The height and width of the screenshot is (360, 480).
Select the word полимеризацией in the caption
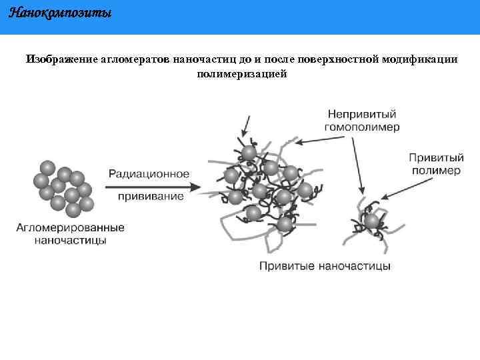click(241, 73)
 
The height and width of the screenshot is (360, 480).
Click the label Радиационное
click(148, 173)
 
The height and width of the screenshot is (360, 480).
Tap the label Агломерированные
click(70, 228)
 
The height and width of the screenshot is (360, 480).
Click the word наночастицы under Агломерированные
click(70, 240)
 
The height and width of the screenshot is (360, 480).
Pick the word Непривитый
click(362, 114)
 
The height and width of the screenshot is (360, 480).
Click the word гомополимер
click(362, 127)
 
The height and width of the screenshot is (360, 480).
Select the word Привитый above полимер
click(435, 158)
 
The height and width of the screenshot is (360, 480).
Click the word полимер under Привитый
click(435, 171)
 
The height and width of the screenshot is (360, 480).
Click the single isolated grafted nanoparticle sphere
click(371, 221)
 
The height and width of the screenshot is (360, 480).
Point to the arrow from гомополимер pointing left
click(320, 139)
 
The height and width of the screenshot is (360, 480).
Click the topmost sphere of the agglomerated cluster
click(47, 167)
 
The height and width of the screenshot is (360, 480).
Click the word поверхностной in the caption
click(337, 59)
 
